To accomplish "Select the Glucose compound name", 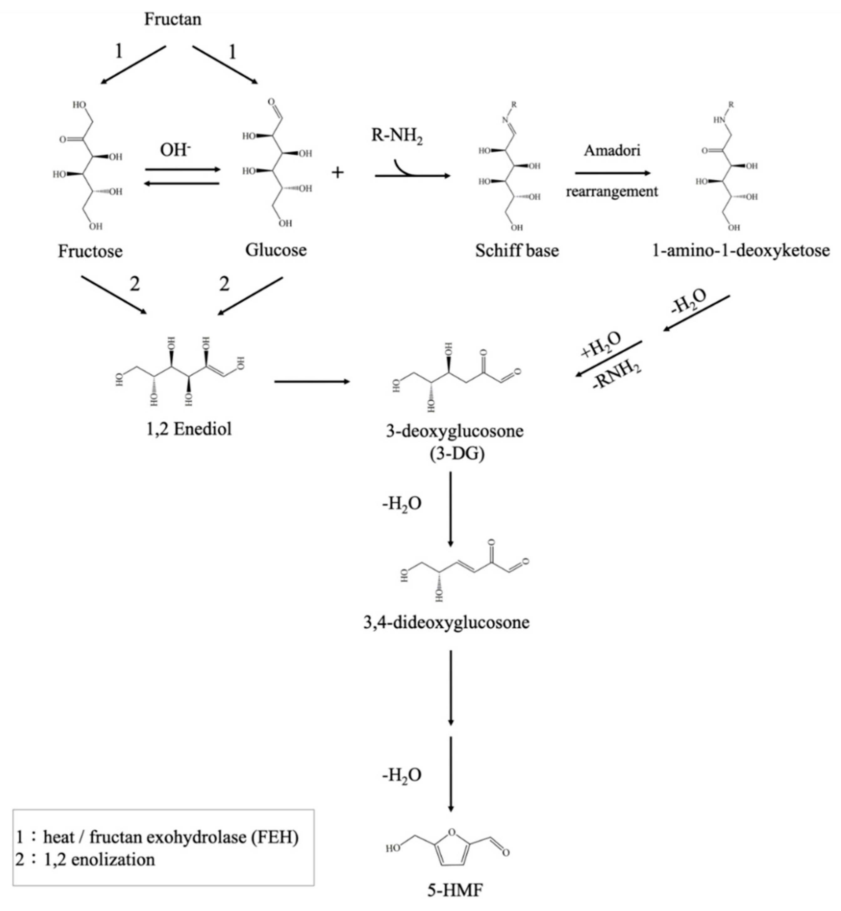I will (x=276, y=250).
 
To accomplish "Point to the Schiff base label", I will (x=517, y=251).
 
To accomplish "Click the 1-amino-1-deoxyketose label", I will (x=741, y=251).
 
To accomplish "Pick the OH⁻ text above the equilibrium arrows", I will (x=175, y=150).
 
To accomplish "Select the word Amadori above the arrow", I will (x=612, y=150).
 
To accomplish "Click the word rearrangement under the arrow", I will (x=612, y=191).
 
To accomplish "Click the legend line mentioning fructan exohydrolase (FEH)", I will (x=157, y=837).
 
